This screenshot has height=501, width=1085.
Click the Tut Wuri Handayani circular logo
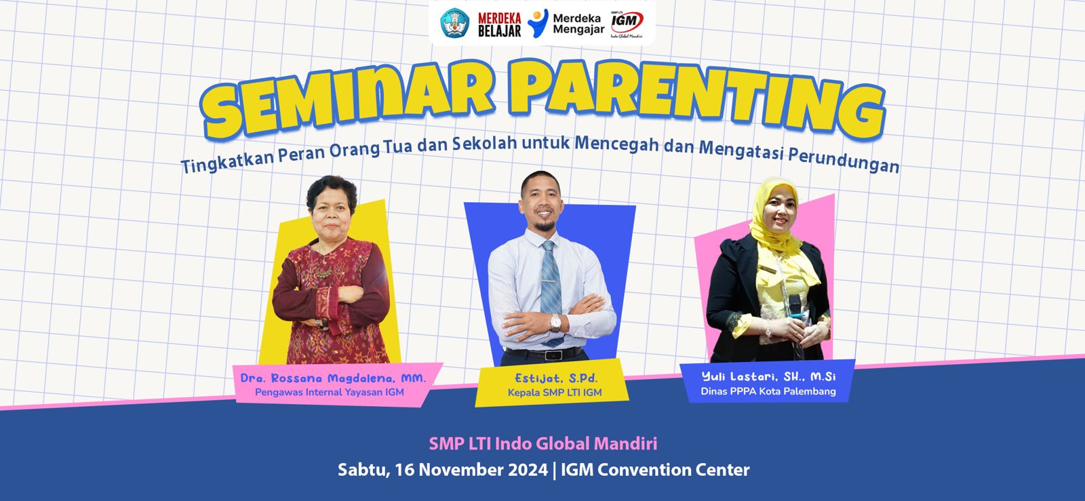coord(454,23)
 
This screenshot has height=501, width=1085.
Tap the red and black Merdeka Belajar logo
coord(499,24)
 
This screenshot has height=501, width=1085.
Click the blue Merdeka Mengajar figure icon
coord(538,23)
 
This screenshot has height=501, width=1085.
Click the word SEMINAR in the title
coord(347,101)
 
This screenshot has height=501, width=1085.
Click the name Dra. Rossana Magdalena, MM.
coord(333,378)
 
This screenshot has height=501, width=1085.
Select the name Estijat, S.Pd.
coord(556,378)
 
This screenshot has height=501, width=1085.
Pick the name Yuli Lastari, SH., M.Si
coord(768,376)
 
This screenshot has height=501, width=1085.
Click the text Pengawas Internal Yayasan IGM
coord(330,392)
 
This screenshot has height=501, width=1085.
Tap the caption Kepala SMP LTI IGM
coord(555,393)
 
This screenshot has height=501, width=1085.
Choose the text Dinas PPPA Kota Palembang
coord(768,391)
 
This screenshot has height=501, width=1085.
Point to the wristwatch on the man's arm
coord(555,323)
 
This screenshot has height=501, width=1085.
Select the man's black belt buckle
coord(553,355)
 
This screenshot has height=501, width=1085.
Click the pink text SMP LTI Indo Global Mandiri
coord(543,443)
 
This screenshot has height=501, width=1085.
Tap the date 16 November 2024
coord(471,470)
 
